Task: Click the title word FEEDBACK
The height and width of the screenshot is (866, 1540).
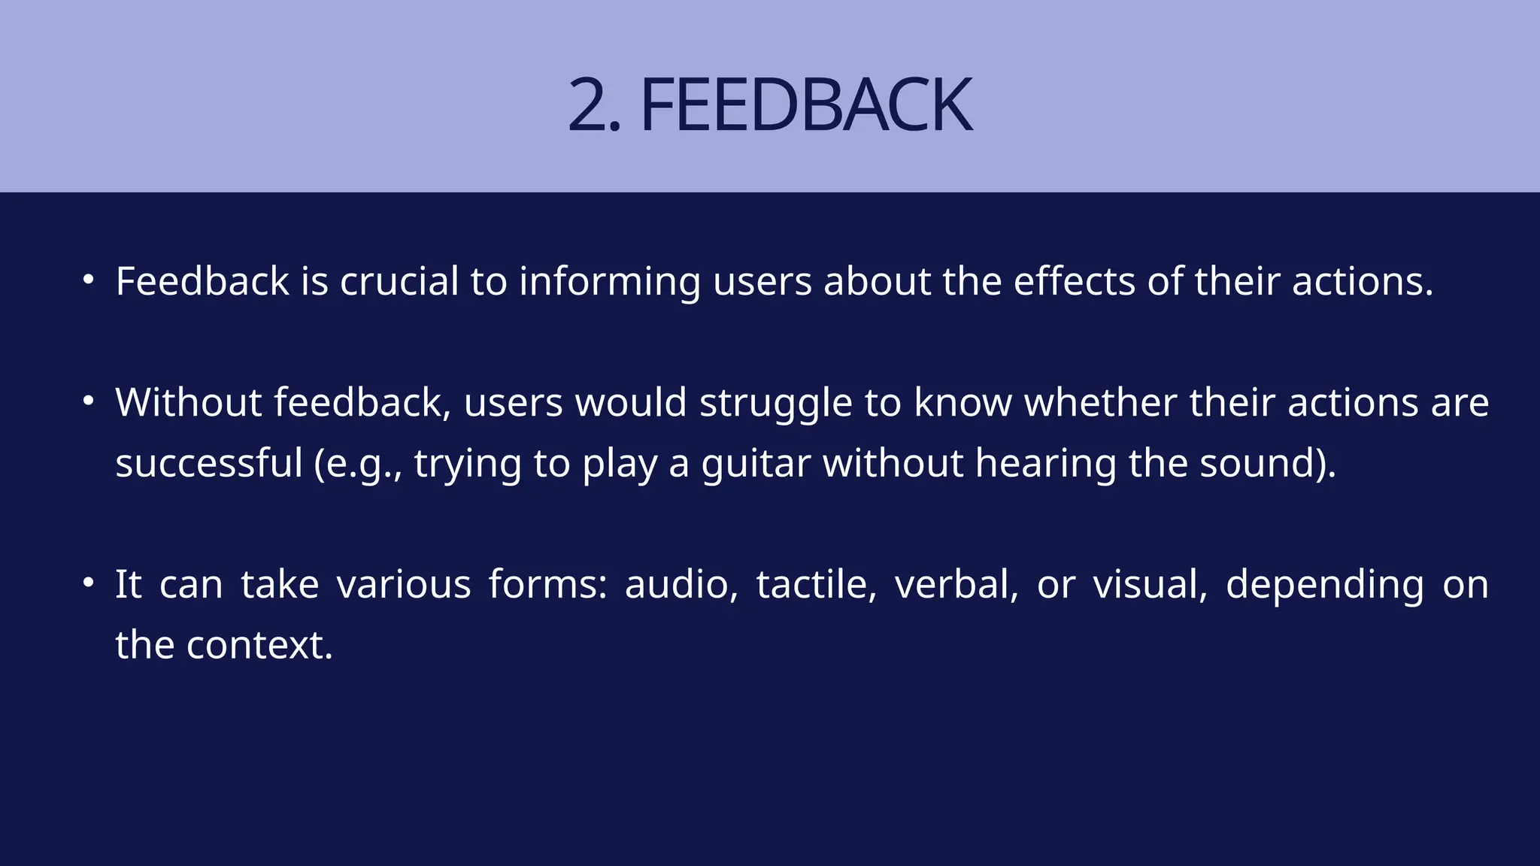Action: (x=806, y=105)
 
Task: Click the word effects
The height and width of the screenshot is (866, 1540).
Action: (x=1074, y=282)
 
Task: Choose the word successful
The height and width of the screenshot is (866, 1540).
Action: (x=208, y=463)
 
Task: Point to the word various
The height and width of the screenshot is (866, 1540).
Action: (x=404, y=585)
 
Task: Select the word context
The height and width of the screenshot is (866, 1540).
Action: (x=258, y=646)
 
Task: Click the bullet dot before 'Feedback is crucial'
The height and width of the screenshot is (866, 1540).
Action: (x=89, y=280)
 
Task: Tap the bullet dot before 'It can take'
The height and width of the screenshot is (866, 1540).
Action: (x=89, y=583)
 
